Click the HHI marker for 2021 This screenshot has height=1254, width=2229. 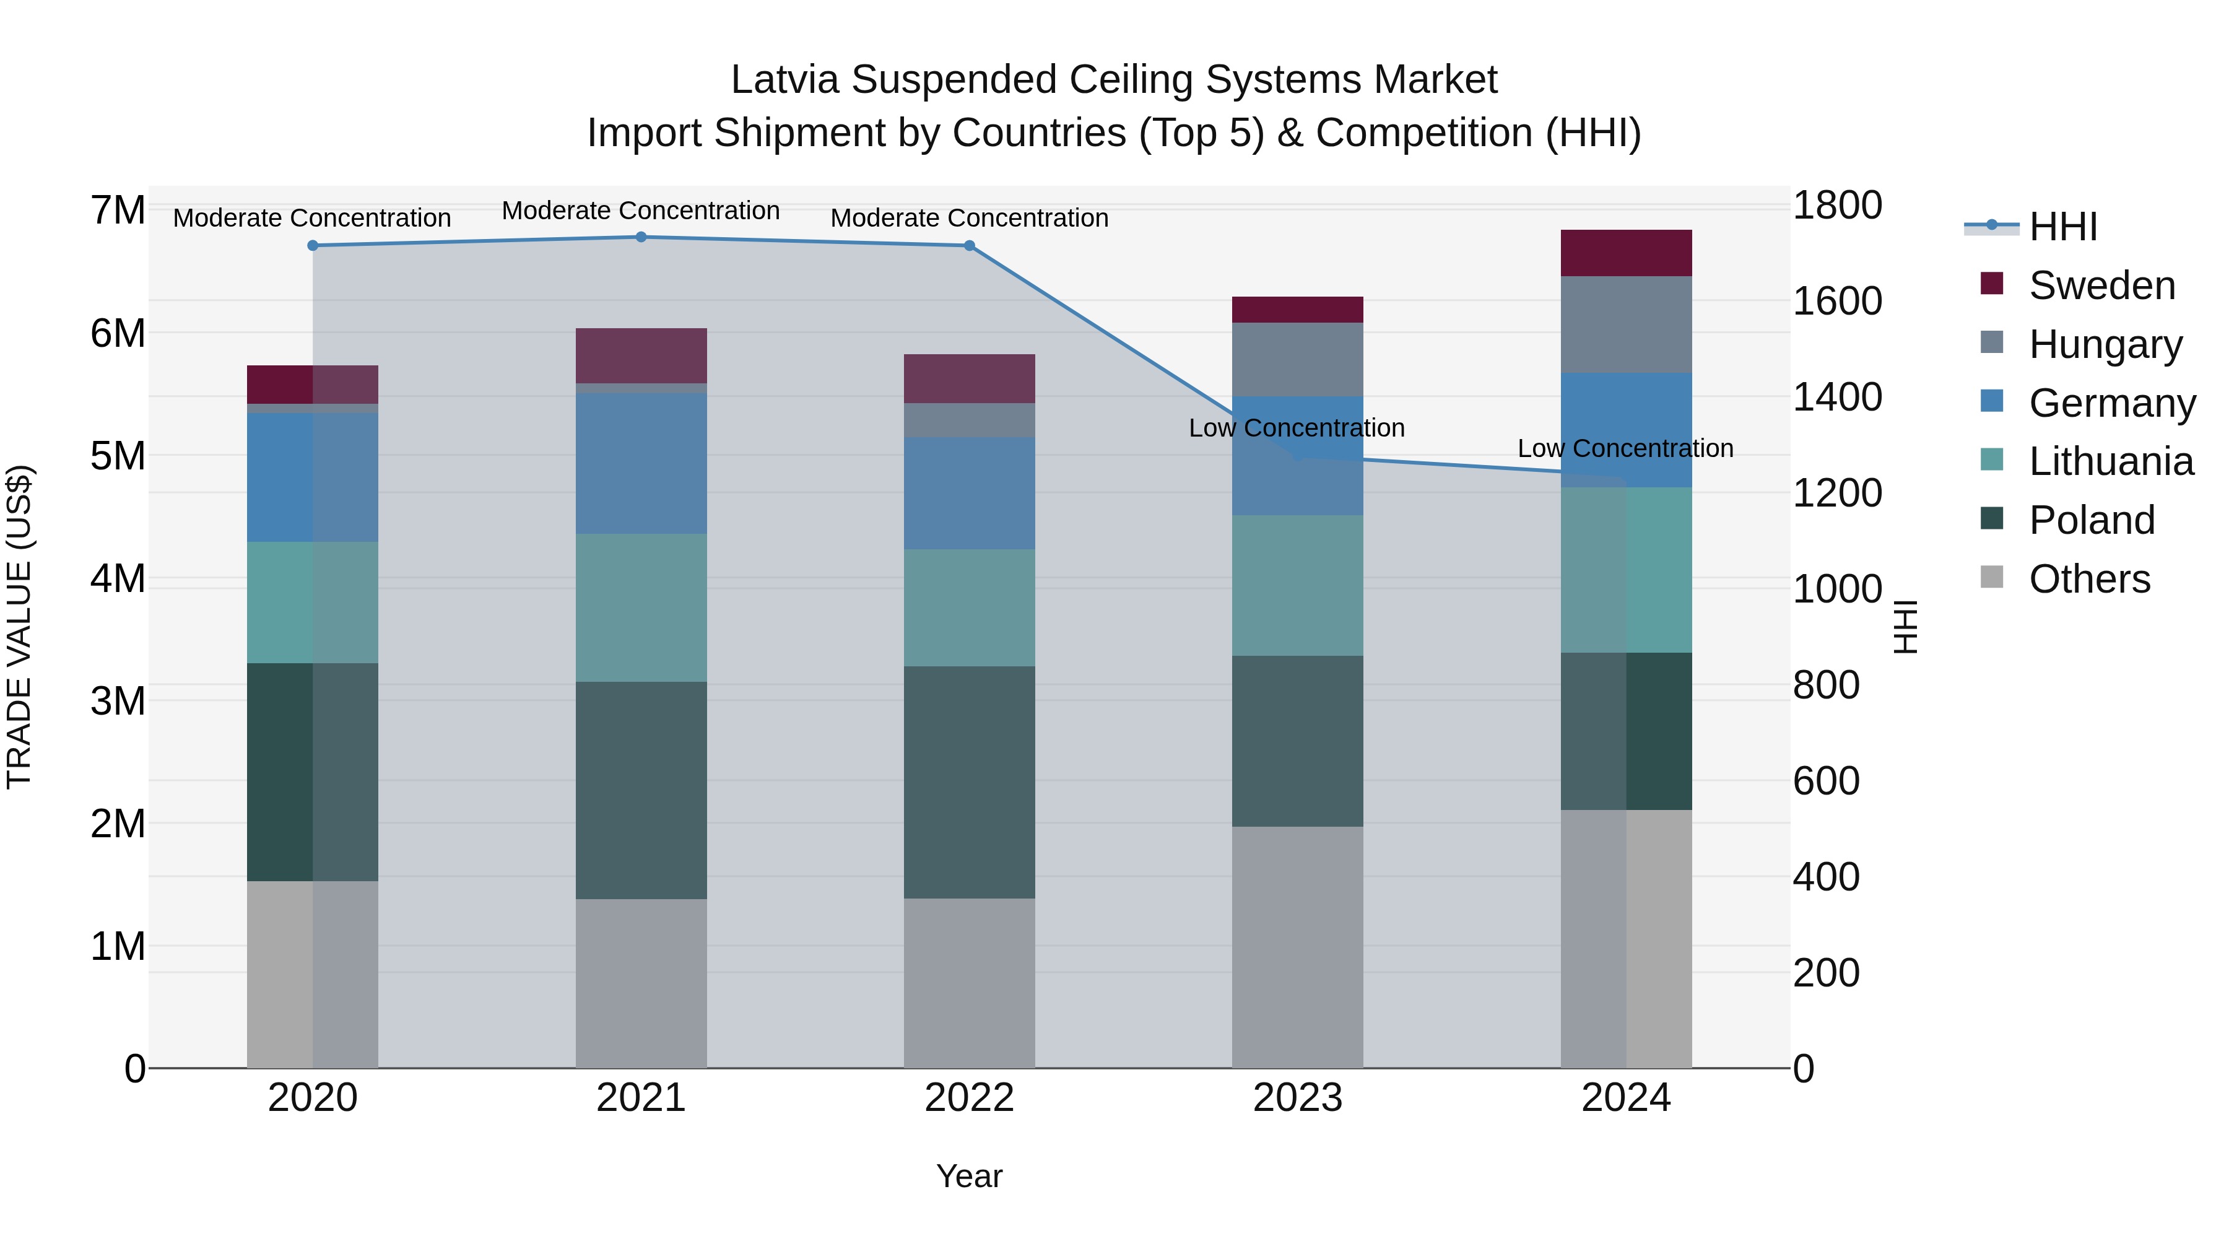641,237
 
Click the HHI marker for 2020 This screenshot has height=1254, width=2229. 313,246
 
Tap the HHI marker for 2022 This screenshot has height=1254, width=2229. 969,246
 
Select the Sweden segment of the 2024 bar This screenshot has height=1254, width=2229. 1626,253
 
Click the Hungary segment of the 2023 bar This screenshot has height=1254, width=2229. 1297,359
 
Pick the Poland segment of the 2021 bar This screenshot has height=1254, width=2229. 641,790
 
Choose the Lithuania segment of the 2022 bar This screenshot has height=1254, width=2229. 969,607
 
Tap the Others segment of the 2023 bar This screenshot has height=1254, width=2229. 1297,947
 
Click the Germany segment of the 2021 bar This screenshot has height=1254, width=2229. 641,464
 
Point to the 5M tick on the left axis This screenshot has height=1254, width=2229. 118,456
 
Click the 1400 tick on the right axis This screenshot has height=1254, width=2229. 1836,397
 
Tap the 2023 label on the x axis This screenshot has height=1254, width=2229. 1297,1098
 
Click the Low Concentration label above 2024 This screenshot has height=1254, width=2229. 1625,448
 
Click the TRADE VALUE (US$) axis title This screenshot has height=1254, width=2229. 19,627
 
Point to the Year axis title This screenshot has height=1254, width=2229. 969,1176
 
